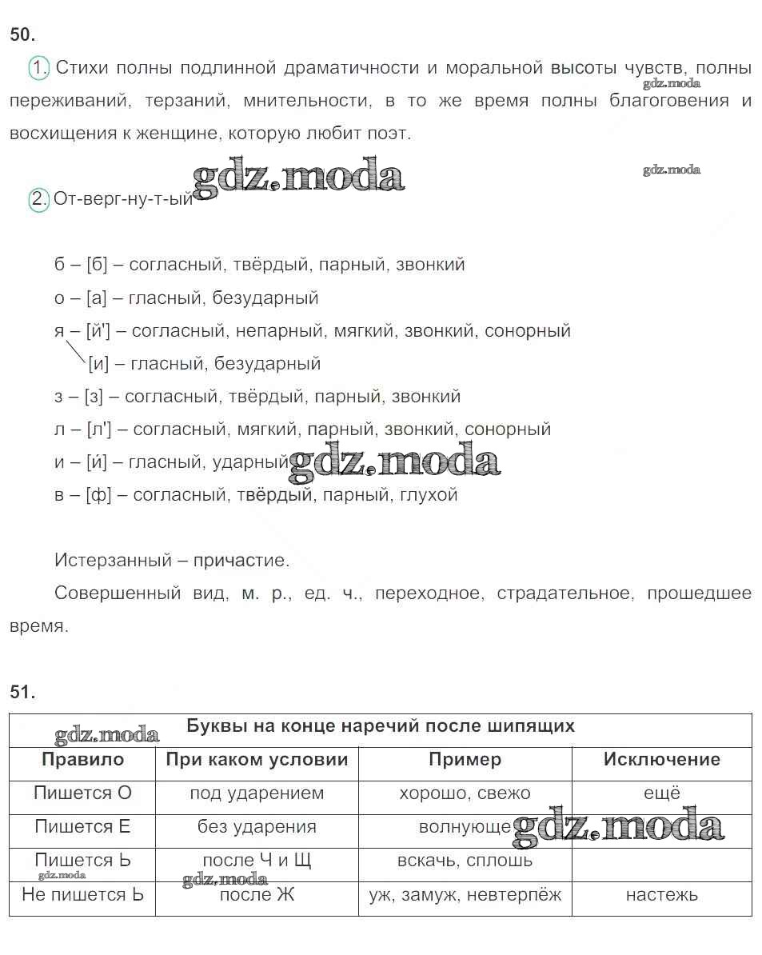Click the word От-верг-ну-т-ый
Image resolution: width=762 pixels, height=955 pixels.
[x=123, y=200]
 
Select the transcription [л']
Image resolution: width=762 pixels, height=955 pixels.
[x=99, y=430]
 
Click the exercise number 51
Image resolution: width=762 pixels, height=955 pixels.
[x=22, y=693]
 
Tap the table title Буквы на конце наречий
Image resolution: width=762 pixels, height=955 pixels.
[x=381, y=726]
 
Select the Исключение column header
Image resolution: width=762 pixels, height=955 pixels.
[x=661, y=760]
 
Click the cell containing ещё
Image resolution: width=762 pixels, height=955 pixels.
[x=661, y=793]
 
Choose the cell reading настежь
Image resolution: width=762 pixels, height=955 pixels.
[x=661, y=895]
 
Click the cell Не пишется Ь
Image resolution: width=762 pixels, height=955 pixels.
[x=82, y=895]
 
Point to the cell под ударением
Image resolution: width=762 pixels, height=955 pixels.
[x=257, y=793]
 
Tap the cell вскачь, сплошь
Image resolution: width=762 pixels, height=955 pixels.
[x=465, y=861]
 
